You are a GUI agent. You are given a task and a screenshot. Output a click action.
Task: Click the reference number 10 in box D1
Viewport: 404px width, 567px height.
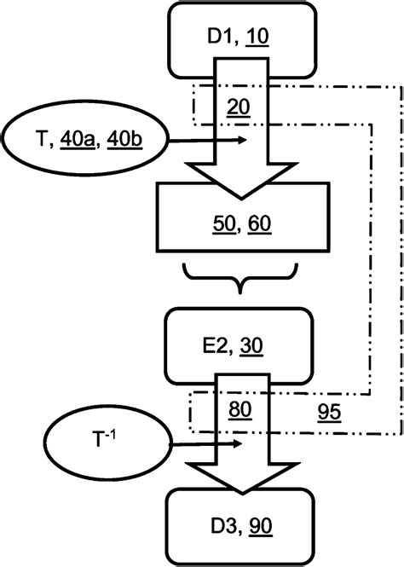[255, 38]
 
